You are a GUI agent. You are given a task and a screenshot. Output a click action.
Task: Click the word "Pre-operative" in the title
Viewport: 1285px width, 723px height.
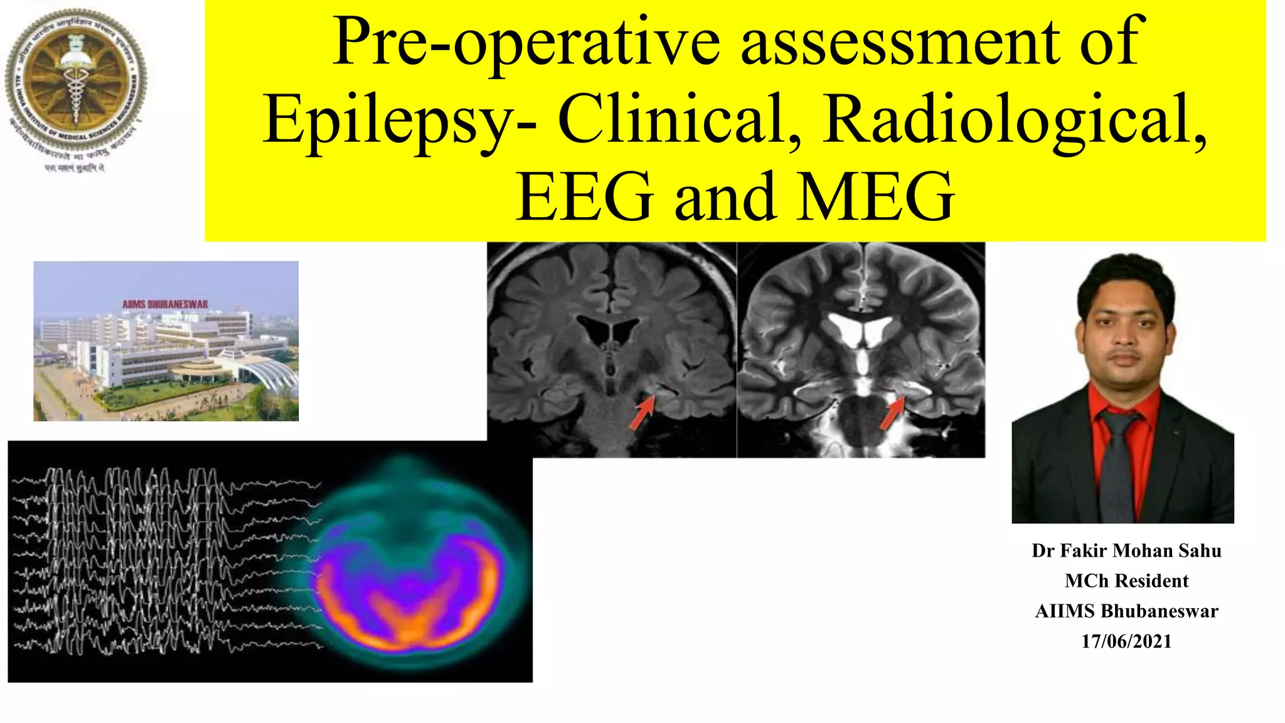click(526, 43)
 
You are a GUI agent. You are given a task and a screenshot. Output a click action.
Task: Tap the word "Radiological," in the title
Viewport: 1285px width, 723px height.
click(1014, 119)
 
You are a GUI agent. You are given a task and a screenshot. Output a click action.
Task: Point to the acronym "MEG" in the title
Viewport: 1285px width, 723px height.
click(875, 197)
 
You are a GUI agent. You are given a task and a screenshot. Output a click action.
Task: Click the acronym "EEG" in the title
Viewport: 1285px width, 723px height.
click(585, 197)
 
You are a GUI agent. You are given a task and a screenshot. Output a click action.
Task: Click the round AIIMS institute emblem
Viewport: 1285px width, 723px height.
click(76, 78)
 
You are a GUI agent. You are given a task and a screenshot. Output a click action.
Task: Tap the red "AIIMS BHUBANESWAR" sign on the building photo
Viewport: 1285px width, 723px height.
click(165, 304)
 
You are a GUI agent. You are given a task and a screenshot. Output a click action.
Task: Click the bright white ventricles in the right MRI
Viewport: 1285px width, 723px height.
click(860, 329)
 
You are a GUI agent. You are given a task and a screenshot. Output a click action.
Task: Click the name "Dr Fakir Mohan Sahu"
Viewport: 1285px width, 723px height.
click(1126, 551)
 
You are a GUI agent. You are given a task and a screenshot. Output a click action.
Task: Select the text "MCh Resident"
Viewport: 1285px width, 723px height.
click(1126, 581)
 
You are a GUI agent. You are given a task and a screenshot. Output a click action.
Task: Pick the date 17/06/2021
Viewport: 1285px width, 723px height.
click(1126, 641)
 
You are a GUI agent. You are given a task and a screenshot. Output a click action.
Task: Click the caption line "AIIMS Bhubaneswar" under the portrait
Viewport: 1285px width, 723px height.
click(1126, 611)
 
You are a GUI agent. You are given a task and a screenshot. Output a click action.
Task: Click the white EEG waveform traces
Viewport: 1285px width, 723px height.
click(157, 559)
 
